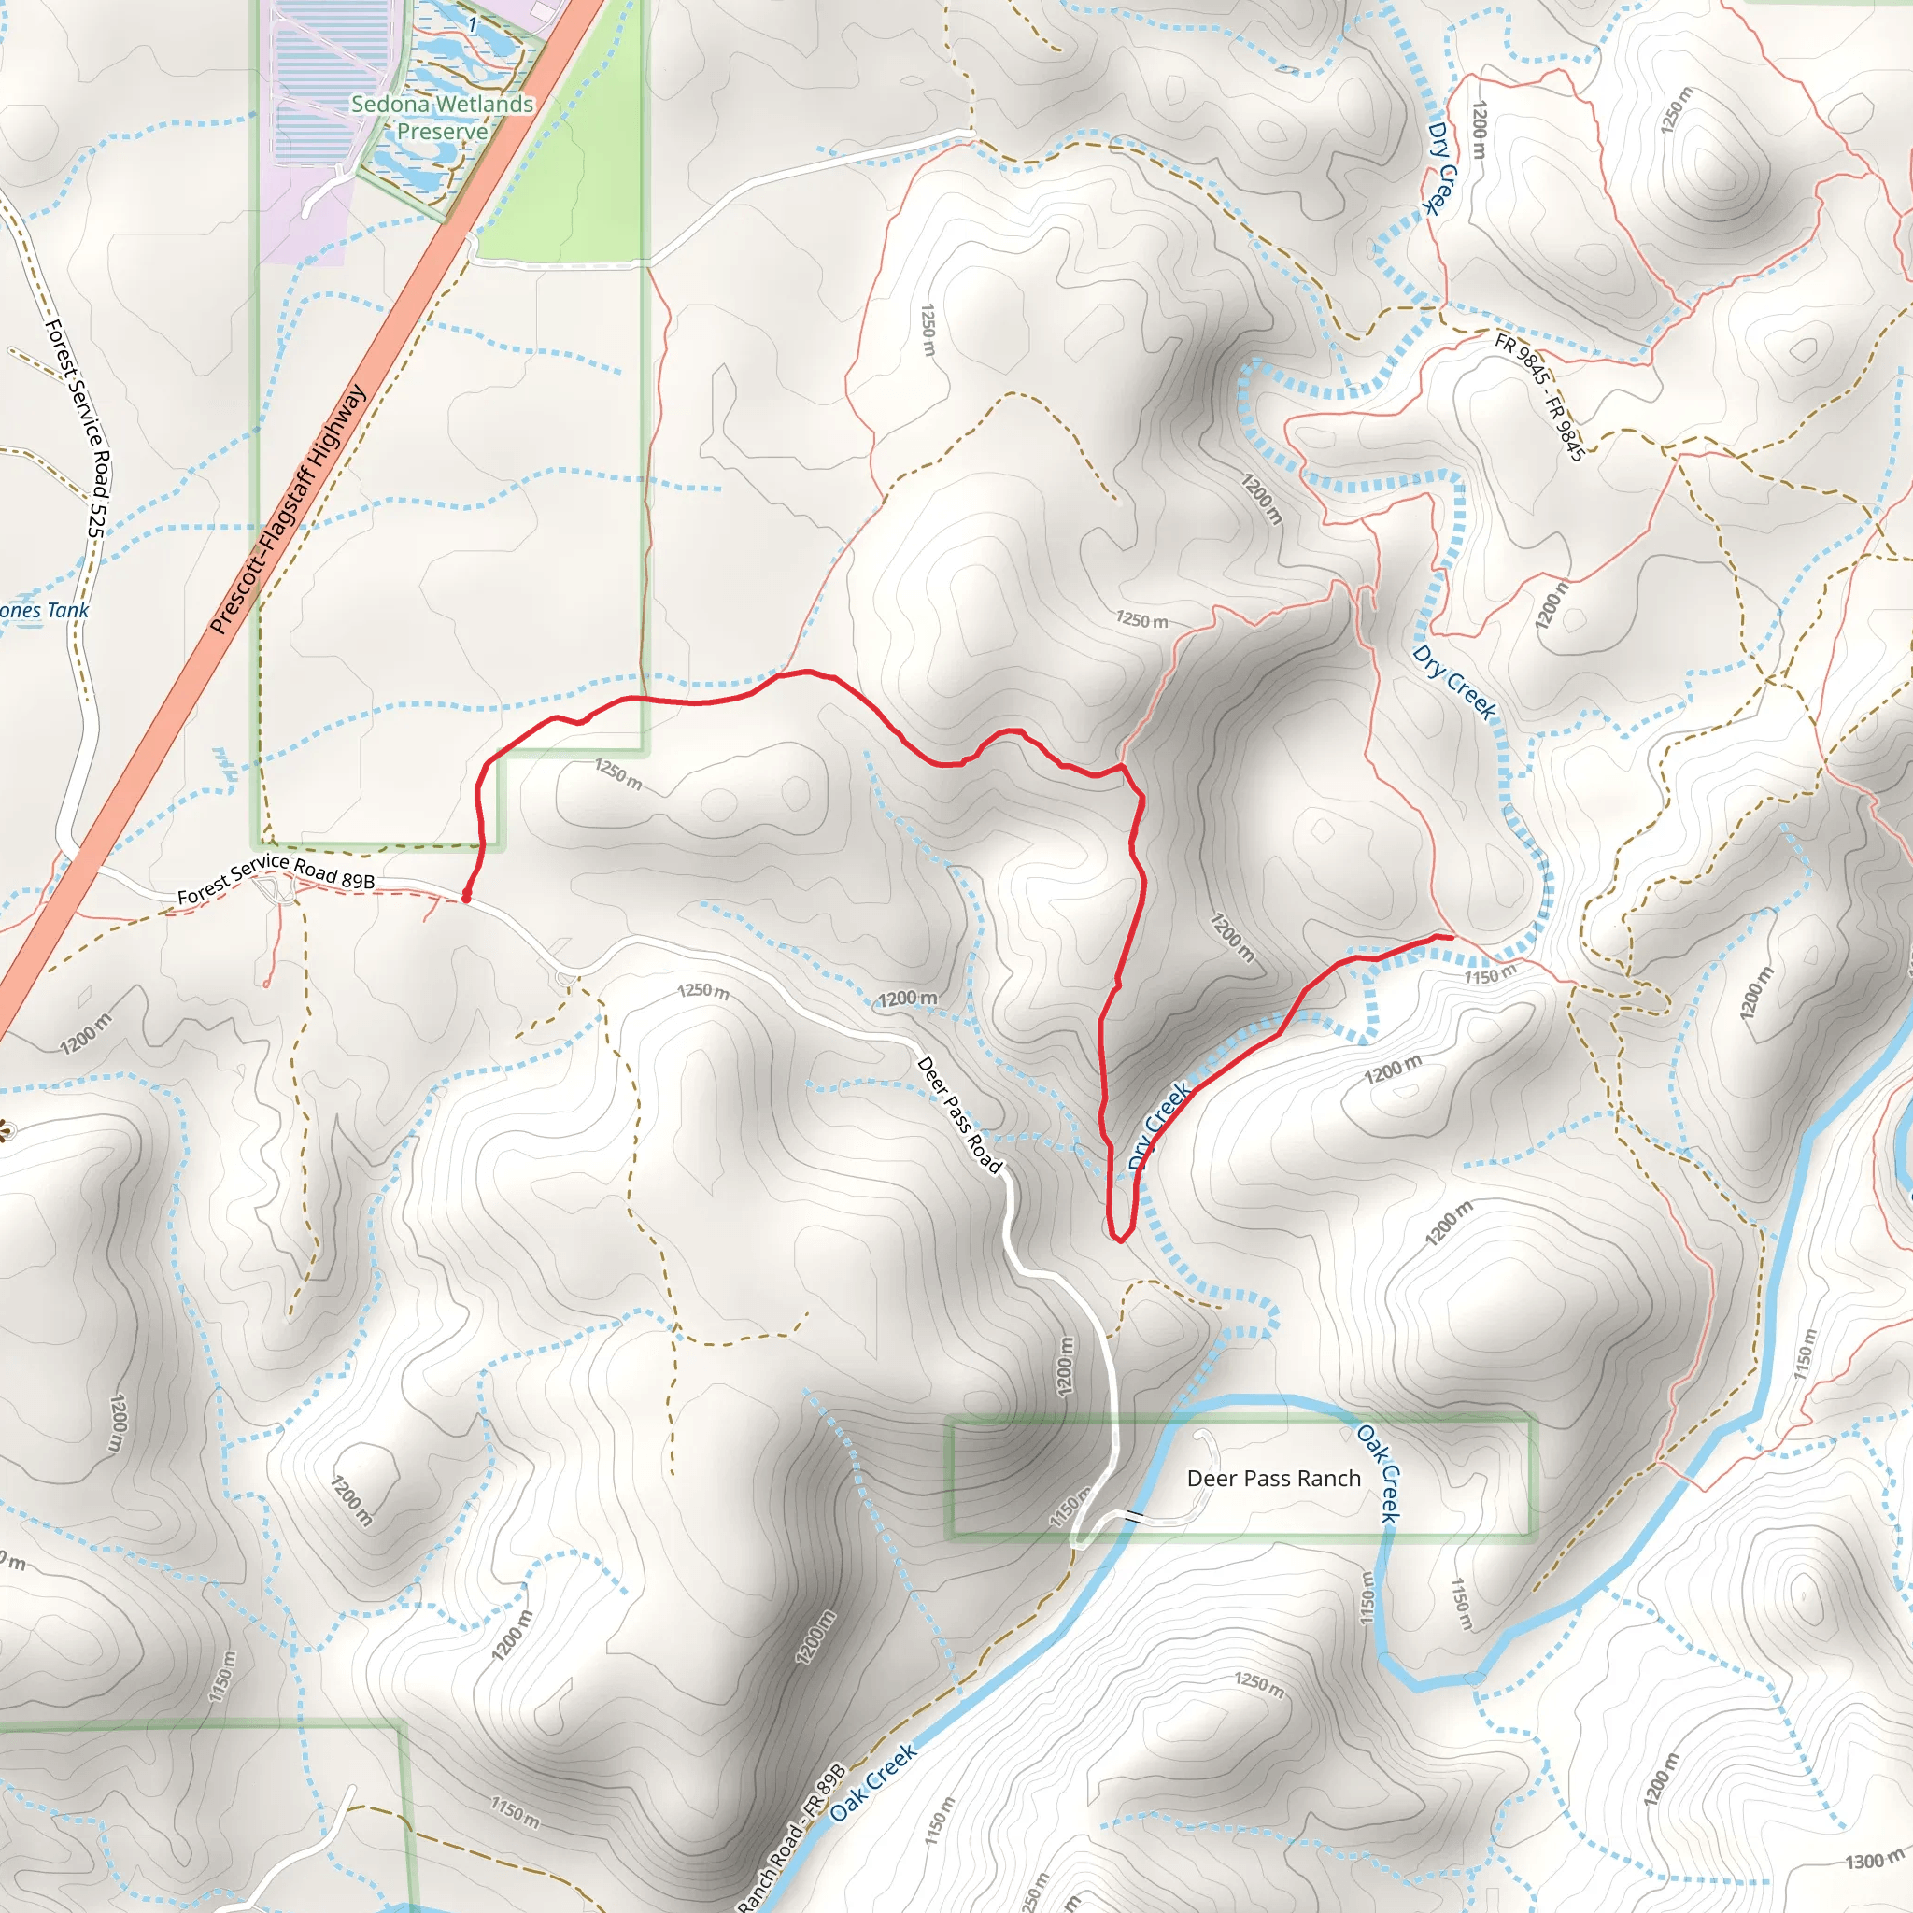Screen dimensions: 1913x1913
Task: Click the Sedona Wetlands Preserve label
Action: click(x=442, y=118)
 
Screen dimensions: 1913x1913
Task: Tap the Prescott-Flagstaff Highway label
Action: click(x=288, y=509)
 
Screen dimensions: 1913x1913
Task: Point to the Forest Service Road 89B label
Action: click(x=276, y=879)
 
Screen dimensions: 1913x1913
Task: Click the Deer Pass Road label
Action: click(x=959, y=1115)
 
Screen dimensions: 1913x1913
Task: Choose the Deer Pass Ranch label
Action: click(x=1273, y=1479)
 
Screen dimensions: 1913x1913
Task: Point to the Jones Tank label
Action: click(x=44, y=611)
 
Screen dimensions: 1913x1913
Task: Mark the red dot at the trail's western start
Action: click(x=465, y=897)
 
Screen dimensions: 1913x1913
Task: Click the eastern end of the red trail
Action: click(x=1451, y=936)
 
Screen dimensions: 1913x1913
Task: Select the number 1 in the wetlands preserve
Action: click(x=474, y=23)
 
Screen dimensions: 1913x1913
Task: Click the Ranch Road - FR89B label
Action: click(x=792, y=1837)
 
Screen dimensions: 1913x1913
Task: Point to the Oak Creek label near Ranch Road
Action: click(x=873, y=1782)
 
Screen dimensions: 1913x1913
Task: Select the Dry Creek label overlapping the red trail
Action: click(x=1159, y=1126)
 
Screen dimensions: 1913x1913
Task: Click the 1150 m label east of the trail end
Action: click(x=1490, y=974)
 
